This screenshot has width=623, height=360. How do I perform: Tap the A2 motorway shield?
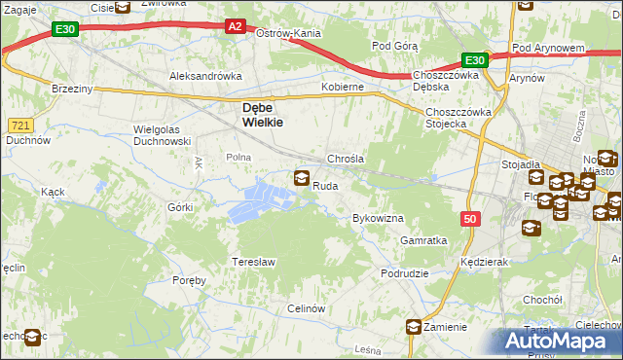[235, 27]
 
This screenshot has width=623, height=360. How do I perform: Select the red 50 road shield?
[470, 221]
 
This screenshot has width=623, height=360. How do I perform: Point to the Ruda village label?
[325, 185]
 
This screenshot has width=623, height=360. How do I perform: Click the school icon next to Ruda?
[302, 178]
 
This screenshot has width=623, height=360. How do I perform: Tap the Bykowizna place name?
[378, 219]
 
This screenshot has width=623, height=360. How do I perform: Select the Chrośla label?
[345, 158]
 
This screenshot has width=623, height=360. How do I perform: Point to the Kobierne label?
[343, 87]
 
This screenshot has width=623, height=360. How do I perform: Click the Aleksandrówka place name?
[205, 76]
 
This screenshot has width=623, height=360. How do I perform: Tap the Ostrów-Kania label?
[288, 33]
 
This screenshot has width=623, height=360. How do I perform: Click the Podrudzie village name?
[405, 274]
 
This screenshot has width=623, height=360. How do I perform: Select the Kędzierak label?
[486, 263]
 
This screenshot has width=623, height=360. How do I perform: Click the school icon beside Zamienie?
[415, 327]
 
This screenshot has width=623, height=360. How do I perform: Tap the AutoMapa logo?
[562, 342]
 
